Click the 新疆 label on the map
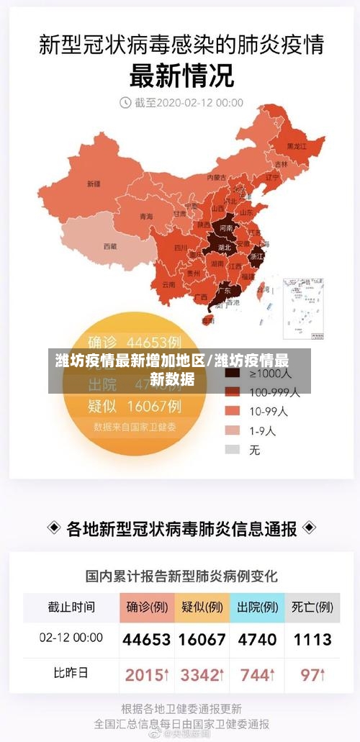[x=94, y=184]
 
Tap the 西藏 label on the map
[x=109, y=246]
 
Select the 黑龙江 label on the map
[x=297, y=146]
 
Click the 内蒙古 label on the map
[x=217, y=176]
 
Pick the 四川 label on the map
[x=181, y=248]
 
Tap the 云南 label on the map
[x=168, y=284]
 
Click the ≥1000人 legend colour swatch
[x=232, y=374]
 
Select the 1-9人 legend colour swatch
[x=232, y=430]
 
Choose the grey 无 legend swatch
[x=232, y=450]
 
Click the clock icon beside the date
[x=125, y=103]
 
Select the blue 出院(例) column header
[x=257, y=607]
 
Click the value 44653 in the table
[x=146, y=639]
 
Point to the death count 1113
[x=312, y=639]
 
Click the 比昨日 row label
[x=71, y=674]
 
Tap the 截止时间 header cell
[x=71, y=607]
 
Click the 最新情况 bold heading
[x=180, y=74]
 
